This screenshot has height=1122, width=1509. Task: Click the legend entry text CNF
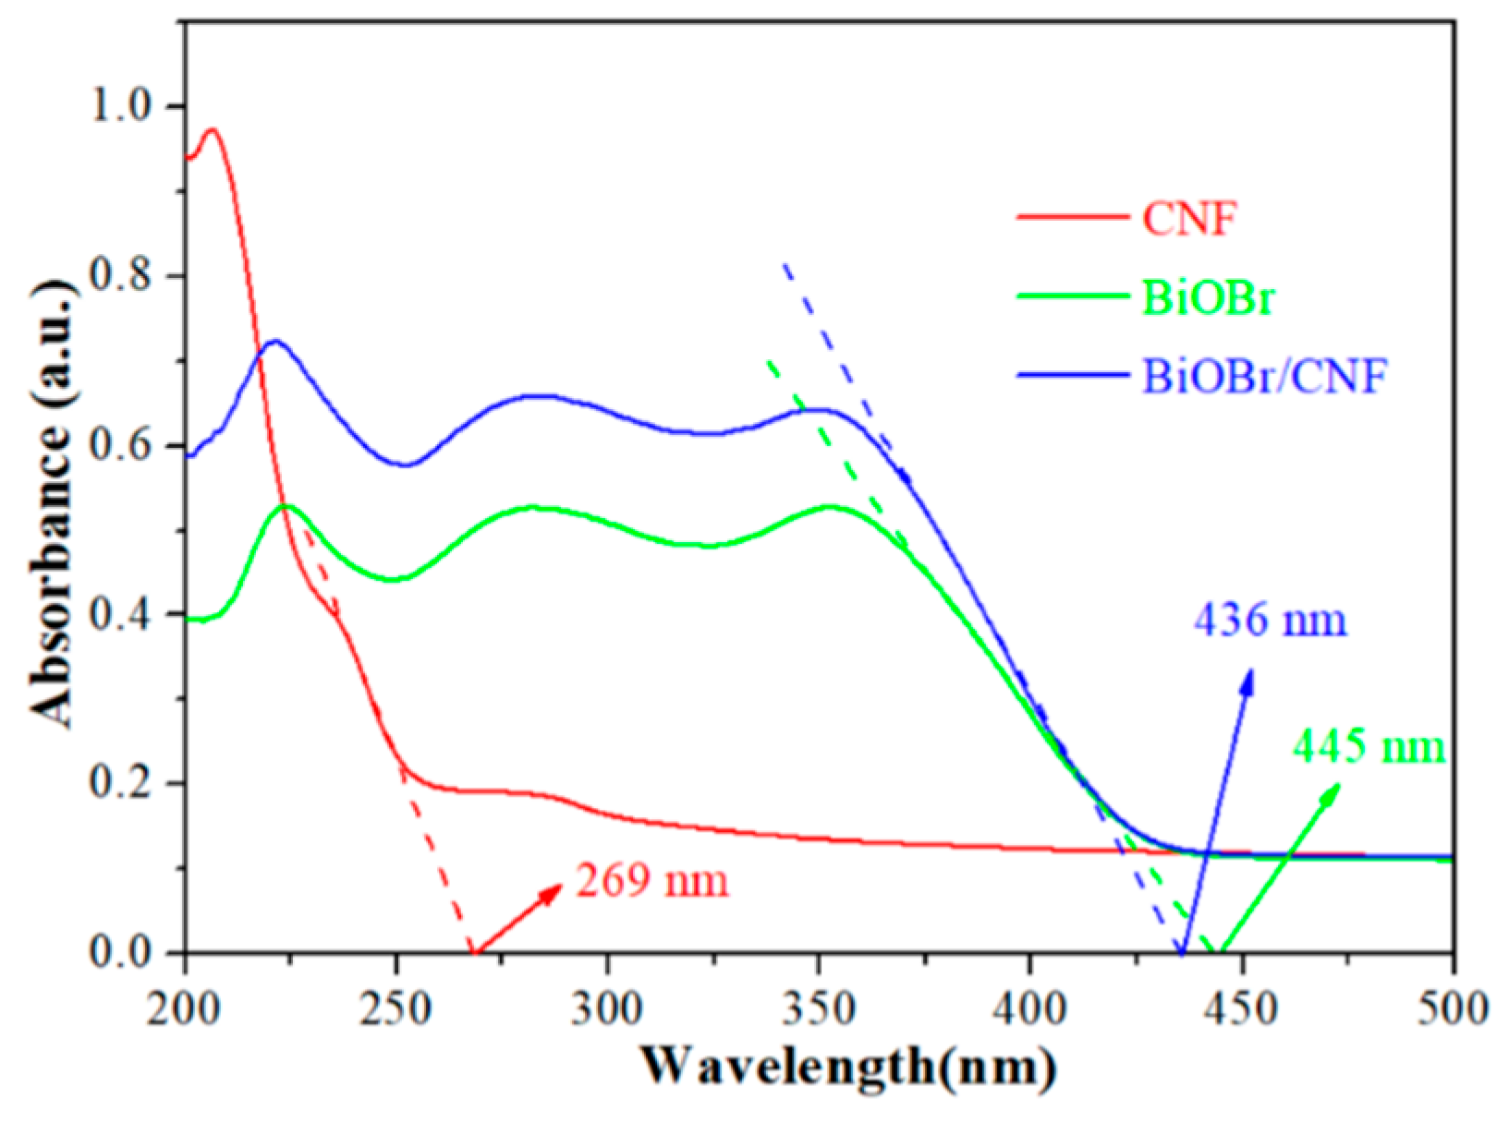(1188, 219)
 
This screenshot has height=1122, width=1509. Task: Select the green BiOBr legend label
(1208, 297)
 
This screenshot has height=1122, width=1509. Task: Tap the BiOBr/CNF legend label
(1265, 376)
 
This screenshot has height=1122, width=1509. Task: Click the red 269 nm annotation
(652, 880)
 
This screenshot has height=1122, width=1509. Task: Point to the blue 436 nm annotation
(1270, 620)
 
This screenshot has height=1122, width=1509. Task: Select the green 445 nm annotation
(1369, 746)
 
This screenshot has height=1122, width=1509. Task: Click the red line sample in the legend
(1072, 219)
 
